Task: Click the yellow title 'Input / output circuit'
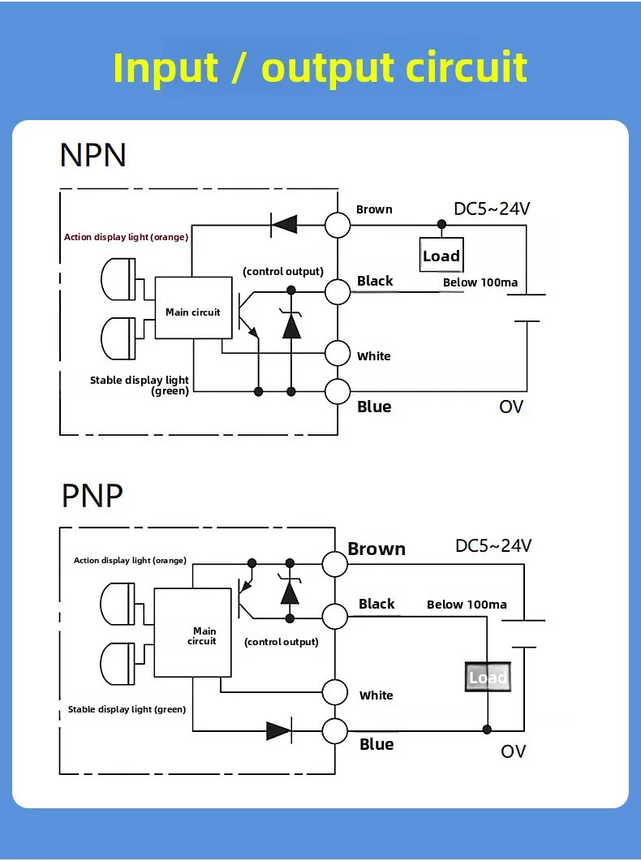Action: (320, 68)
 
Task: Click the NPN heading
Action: (92, 155)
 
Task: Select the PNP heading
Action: (92, 496)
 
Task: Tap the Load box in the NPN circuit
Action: (441, 255)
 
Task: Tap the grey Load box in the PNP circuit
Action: (488, 677)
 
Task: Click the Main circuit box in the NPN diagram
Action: (194, 308)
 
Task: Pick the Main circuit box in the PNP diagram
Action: (192, 633)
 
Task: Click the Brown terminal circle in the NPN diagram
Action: (338, 225)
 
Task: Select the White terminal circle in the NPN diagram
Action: (338, 353)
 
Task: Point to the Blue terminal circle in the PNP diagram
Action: (335, 731)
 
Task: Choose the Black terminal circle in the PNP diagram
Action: (335, 616)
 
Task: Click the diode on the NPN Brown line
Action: (284, 225)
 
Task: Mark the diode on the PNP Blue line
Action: (279, 731)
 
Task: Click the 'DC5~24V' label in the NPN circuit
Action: (492, 209)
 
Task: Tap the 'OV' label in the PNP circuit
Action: (513, 751)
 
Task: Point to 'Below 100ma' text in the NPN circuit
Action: (480, 282)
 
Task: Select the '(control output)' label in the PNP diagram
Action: (282, 642)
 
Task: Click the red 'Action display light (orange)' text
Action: (127, 237)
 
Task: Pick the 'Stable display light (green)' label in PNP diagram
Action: (127, 709)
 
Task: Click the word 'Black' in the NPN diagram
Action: (376, 281)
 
